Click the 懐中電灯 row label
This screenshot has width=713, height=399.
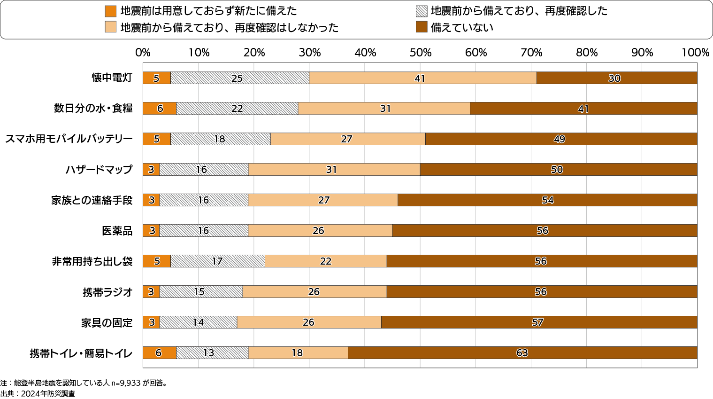[112, 78]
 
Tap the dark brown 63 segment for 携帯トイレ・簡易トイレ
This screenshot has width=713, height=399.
[522, 352]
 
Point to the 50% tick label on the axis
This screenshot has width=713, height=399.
[420, 53]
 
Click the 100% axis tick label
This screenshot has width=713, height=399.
[695, 53]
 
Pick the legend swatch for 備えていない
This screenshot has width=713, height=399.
[422, 27]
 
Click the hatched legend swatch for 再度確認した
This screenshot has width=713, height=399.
[422, 11]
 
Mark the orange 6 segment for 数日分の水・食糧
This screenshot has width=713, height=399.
[160, 109]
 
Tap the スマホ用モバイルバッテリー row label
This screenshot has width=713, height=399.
[69, 139]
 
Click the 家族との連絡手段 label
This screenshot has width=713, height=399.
[92, 200]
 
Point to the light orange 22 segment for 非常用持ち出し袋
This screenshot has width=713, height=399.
[326, 261]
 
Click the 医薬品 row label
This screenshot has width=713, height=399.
[117, 231]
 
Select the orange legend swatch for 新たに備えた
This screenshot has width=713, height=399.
[111, 11]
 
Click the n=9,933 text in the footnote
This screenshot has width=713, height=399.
[126, 383]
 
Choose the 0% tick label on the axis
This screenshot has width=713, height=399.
[143, 53]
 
